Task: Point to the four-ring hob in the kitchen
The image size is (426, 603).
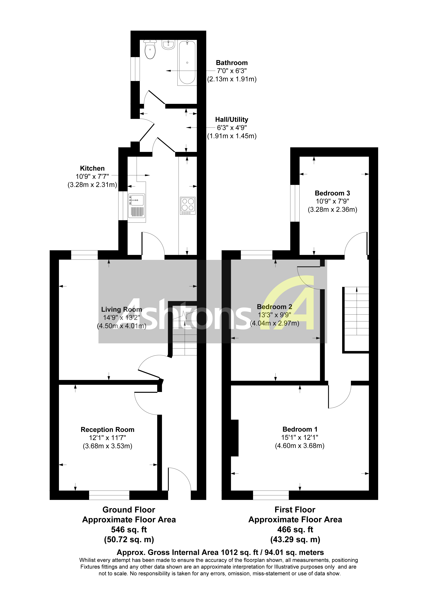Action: pyautogui.click(x=188, y=205)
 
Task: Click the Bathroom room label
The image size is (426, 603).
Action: pyautogui.click(x=232, y=63)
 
